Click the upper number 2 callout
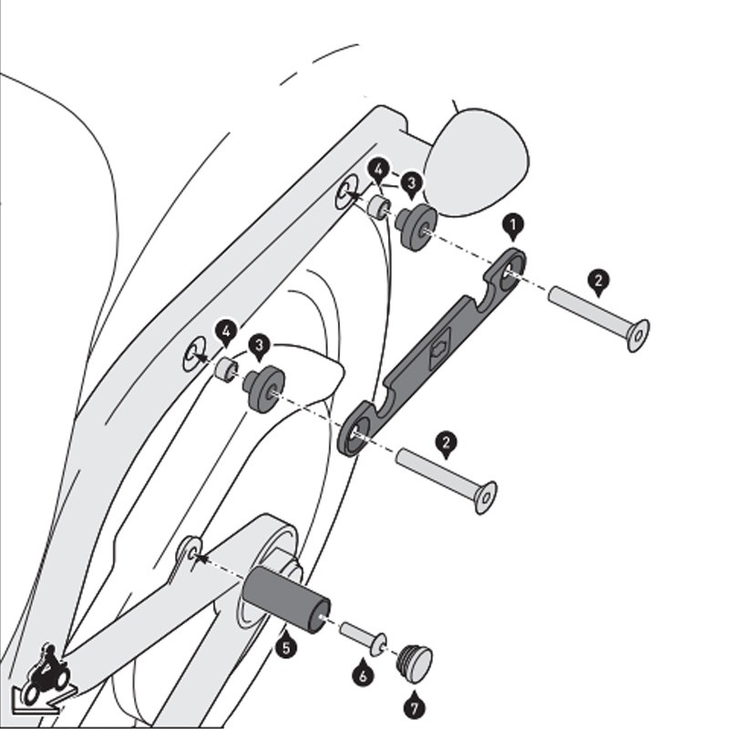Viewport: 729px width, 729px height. (599, 282)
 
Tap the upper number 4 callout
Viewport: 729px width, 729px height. (378, 171)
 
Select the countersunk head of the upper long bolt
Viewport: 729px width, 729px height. (639, 335)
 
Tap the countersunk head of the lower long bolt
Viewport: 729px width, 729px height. (486, 498)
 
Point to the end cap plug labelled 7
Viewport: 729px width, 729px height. (416, 663)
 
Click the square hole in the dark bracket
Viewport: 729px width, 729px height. (439, 347)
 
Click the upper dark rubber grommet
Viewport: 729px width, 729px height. (416, 226)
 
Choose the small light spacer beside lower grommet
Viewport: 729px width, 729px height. (226, 371)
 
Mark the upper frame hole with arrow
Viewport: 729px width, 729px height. (346, 191)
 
